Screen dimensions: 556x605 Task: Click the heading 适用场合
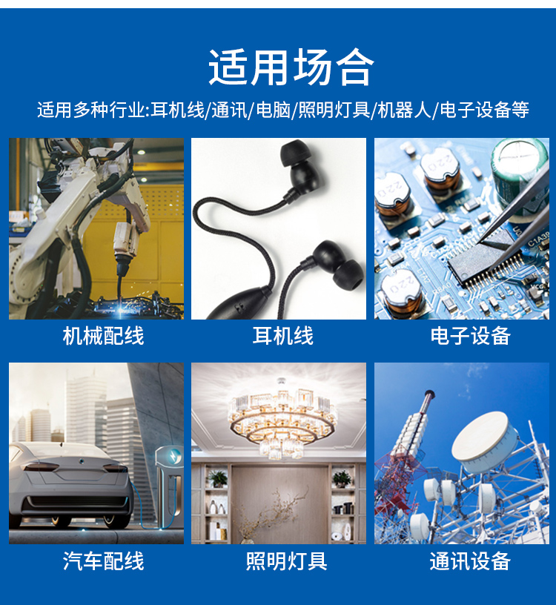[x=291, y=67]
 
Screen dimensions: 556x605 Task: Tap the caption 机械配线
[x=103, y=336]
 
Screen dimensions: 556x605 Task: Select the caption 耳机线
[x=283, y=336]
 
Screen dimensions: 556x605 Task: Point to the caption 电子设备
[x=471, y=336]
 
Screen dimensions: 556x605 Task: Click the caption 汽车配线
[x=103, y=561]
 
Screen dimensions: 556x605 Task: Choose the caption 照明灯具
[x=287, y=561]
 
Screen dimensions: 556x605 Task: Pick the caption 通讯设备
[x=470, y=561]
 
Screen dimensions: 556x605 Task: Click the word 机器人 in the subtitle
[x=404, y=110]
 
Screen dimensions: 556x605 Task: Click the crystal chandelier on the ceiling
[x=282, y=418]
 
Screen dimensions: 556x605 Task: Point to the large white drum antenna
[x=487, y=443]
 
